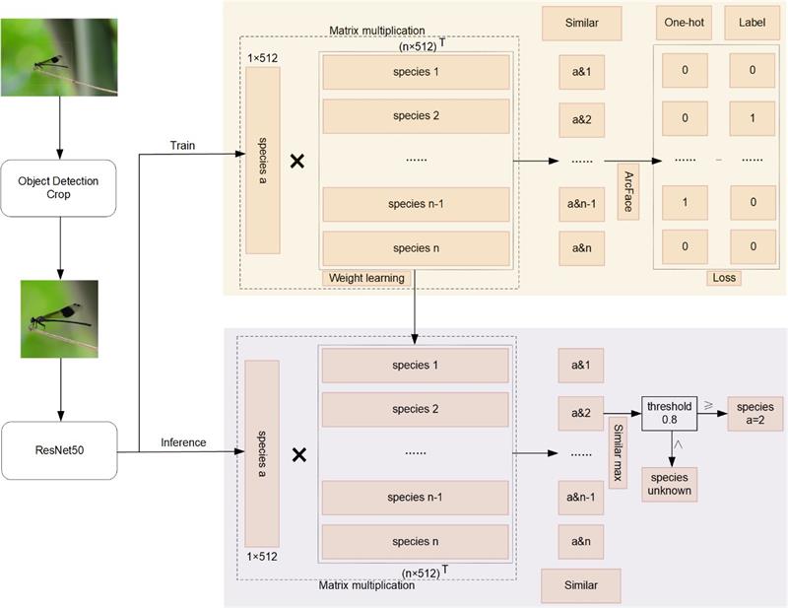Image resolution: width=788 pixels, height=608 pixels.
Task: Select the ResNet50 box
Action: pyautogui.click(x=60, y=450)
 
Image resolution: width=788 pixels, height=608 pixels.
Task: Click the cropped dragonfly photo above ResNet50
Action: pyautogui.click(x=60, y=318)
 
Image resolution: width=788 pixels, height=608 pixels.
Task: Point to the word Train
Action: pyautogui.click(x=183, y=146)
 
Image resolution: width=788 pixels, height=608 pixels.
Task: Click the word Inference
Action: pyautogui.click(x=183, y=442)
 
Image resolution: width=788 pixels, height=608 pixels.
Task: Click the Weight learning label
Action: pyautogui.click(x=365, y=278)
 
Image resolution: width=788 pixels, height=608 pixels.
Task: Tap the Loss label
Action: pyautogui.click(x=723, y=278)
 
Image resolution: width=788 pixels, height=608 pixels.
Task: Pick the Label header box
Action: pyautogui.click(x=752, y=23)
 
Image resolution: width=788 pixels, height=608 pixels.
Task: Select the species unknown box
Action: pyautogui.click(x=670, y=484)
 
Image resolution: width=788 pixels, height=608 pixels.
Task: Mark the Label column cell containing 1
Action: pyautogui.click(x=752, y=116)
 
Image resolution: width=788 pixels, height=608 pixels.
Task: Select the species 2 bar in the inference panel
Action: pyautogui.click(x=415, y=409)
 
